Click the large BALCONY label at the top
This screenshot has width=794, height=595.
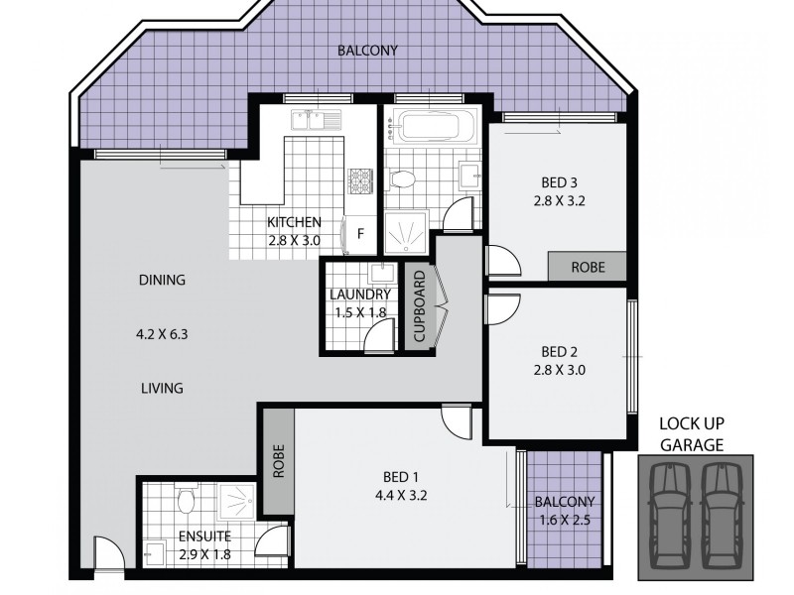[366, 51]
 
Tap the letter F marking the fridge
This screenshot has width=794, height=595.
[360, 234]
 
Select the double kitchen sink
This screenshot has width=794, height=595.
[312, 121]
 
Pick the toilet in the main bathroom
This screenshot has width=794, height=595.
[403, 180]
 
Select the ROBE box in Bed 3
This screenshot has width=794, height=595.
[589, 267]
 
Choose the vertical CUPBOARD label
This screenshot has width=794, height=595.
[420, 307]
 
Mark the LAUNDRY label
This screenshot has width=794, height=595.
[360, 295]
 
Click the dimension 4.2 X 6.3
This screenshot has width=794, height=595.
[162, 334]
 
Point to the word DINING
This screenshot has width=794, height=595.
[162, 280]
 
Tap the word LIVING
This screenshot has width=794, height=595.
[162, 389]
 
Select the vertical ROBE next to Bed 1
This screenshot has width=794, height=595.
[278, 460]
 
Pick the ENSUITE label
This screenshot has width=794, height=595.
[204, 536]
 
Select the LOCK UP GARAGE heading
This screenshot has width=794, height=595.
[692, 434]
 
